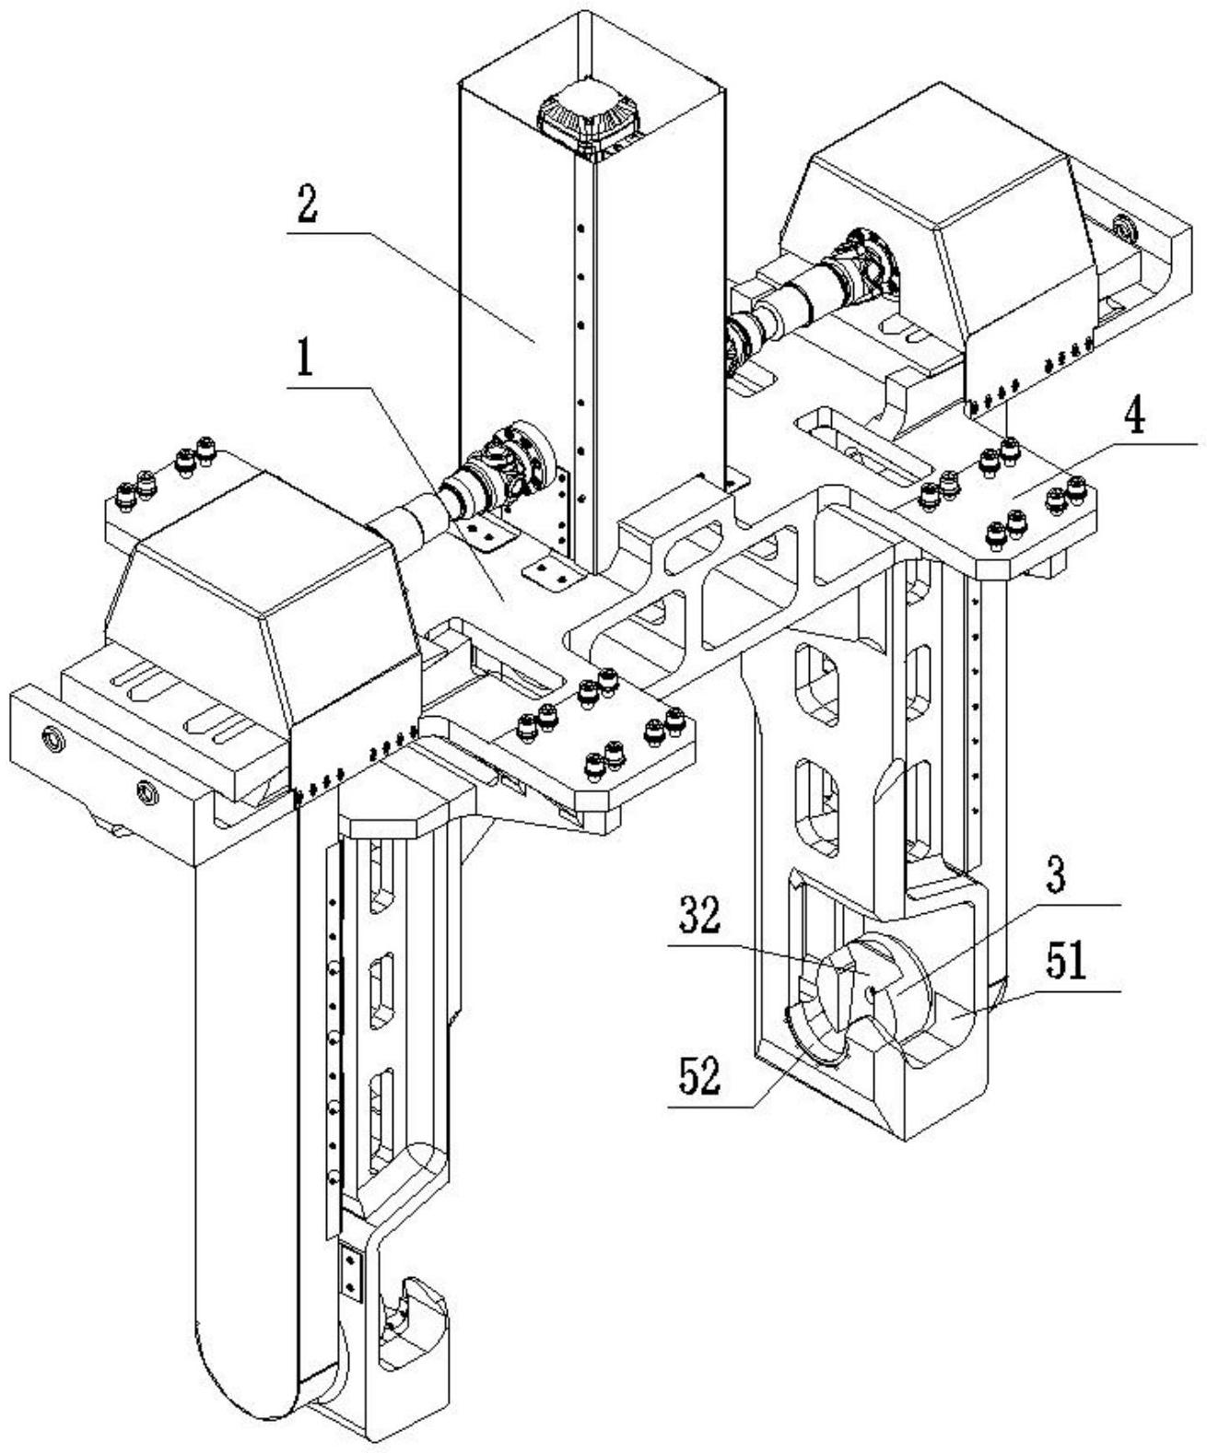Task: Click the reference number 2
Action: point(306,206)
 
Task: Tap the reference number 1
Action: point(303,365)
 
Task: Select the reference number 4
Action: point(1134,418)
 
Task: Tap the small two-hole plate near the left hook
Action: point(351,1270)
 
